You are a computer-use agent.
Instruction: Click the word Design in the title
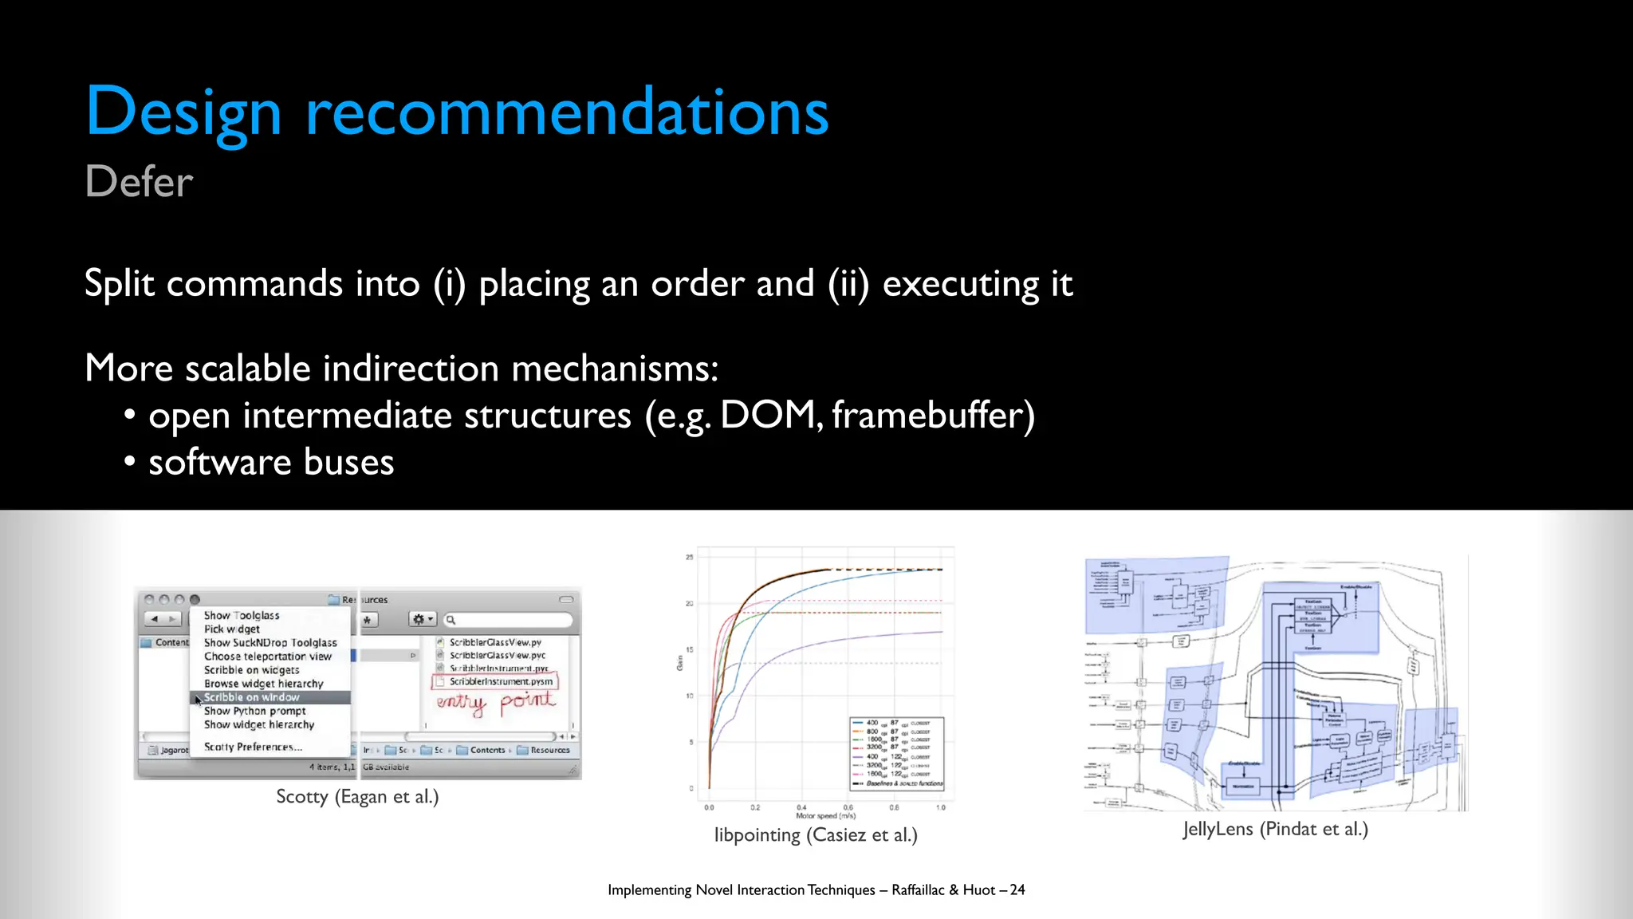click(183, 113)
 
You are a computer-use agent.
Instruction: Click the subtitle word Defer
click(139, 182)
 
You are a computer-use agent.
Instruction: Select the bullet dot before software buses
click(129, 463)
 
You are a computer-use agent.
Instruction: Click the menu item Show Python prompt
click(254, 711)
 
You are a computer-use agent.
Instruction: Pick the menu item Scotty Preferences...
click(253, 747)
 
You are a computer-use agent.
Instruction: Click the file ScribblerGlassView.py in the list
click(494, 642)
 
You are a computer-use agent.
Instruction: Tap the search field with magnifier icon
click(508, 620)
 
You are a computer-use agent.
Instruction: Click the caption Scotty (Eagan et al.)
click(357, 796)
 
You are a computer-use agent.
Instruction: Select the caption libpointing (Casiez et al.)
click(816, 835)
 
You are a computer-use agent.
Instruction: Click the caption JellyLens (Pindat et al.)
click(1275, 829)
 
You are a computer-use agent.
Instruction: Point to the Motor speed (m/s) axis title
click(825, 816)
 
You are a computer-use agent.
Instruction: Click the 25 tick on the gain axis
click(689, 557)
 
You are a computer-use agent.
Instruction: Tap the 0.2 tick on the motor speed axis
click(755, 807)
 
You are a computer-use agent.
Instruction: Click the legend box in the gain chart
click(897, 753)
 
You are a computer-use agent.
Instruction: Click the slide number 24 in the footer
click(1017, 890)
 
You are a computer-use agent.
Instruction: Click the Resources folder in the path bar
click(549, 750)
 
